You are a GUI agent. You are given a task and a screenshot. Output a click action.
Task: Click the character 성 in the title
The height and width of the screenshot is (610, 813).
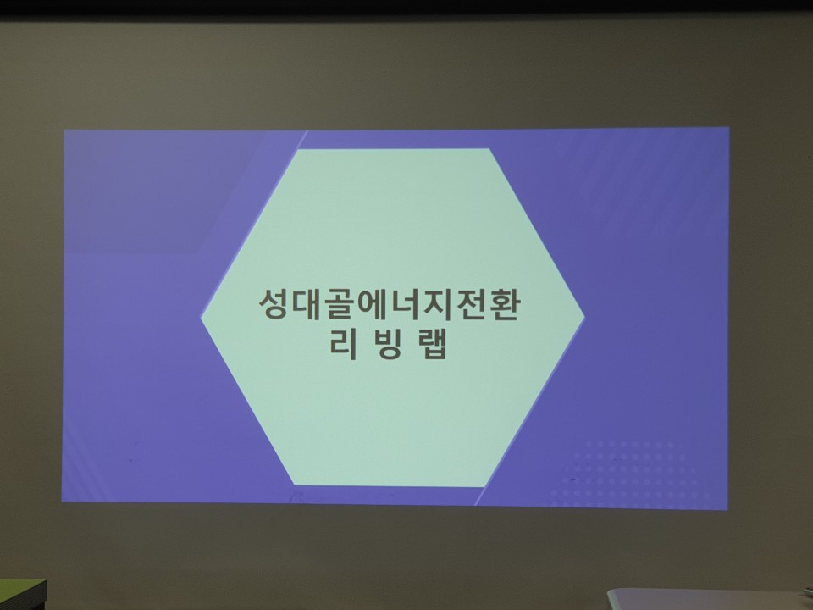click(x=274, y=303)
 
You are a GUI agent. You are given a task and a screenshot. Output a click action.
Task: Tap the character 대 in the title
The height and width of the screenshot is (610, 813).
click(x=306, y=303)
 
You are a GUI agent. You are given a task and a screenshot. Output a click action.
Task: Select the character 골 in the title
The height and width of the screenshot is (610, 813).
click(x=339, y=304)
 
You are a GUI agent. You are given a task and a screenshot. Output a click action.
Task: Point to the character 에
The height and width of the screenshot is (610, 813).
click(x=372, y=303)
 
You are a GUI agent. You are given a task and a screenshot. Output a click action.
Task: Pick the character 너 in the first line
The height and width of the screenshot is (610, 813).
click(x=405, y=303)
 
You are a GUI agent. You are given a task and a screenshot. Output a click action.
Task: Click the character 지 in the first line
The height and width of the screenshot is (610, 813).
click(x=437, y=303)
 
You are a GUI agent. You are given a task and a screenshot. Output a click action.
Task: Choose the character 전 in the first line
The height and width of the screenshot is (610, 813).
click(x=470, y=304)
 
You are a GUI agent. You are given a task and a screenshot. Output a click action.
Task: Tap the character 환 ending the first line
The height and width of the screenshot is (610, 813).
click(x=503, y=304)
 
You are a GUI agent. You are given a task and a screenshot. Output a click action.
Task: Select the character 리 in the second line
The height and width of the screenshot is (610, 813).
click(x=343, y=344)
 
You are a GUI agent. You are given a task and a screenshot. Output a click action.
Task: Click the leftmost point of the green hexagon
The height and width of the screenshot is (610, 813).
click(x=201, y=318)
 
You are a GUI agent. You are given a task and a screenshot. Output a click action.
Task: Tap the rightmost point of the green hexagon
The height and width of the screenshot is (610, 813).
click(x=585, y=315)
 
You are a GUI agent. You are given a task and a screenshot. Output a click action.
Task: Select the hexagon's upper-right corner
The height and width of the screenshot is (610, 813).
click(x=489, y=149)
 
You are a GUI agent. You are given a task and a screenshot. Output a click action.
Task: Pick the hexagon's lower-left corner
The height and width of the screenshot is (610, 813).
click(x=295, y=485)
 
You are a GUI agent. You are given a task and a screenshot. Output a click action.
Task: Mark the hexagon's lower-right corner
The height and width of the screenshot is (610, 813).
click(x=485, y=486)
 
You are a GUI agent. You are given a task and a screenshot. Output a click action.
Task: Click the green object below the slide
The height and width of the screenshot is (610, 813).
click(x=23, y=595)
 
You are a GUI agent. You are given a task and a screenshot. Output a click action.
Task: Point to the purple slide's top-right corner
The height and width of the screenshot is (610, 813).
click(x=729, y=128)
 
